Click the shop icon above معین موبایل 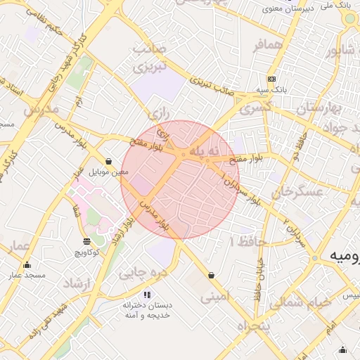pyautogui.click(x=108, y=161)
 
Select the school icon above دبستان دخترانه pyautogui.click(x=147, y=295)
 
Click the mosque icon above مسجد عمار pyautogui.click(x=27, y=265)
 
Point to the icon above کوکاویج pyautogui.click(x=86, y=241)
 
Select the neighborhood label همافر pyautogui.click(x=267, y=46)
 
